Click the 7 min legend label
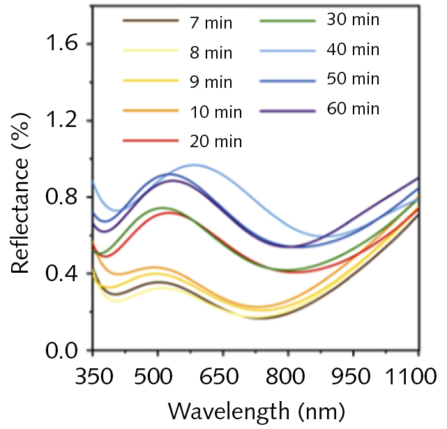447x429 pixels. pos(211,24)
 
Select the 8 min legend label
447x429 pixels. pos(211,53)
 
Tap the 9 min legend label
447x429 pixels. pos(211,83)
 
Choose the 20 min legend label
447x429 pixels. pos(215,142)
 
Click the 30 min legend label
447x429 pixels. pos(353,20)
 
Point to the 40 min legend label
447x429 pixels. pos(353,50)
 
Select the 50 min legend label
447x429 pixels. pos(353,79)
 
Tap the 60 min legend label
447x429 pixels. pos(353,109)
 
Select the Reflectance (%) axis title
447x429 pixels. pos(22,197)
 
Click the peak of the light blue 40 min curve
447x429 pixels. pos(195,165)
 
